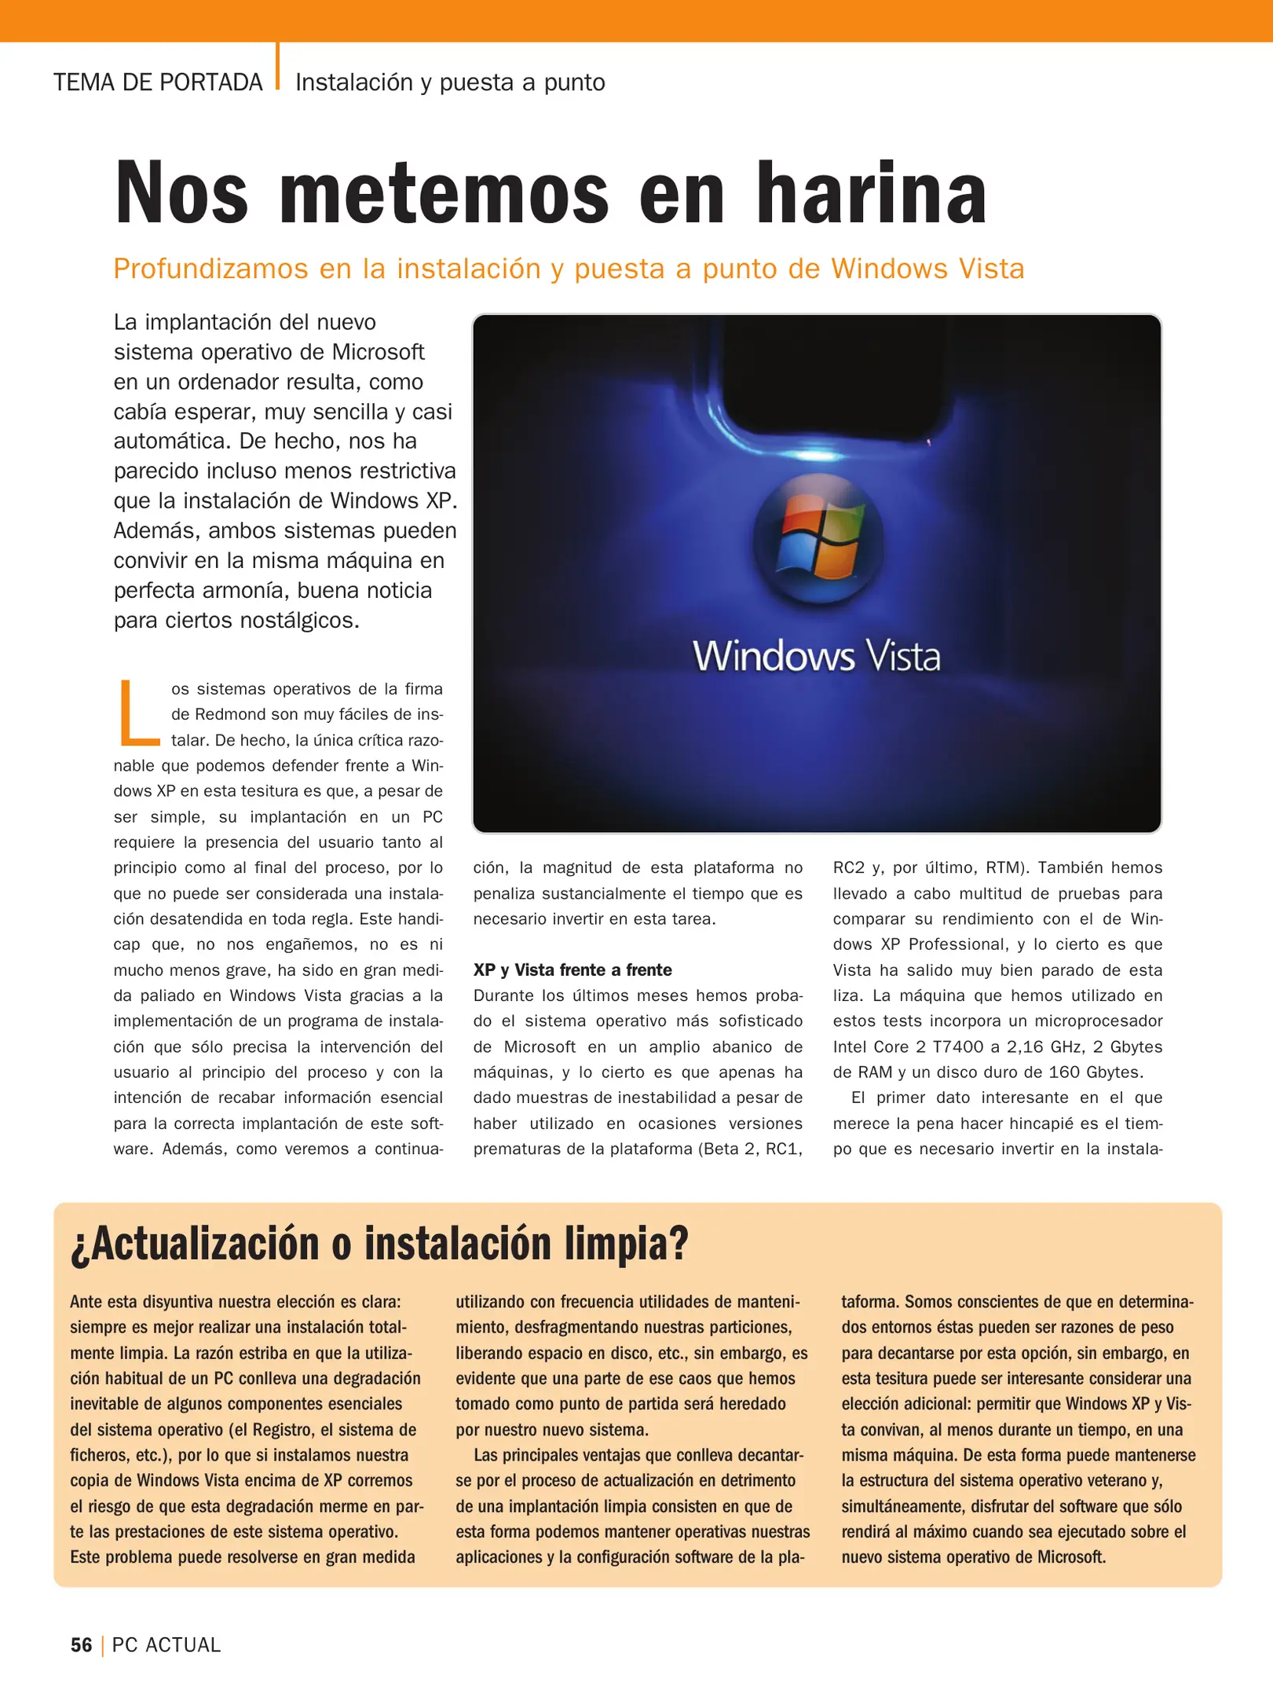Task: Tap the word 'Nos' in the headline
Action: click(x=181, y=192)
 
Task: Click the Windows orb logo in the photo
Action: click(x=818, y=537)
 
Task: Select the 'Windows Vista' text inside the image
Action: click(x=816, y=655)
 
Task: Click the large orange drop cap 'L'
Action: click(x=139, y=713)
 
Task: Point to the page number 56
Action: click(x=81, y=1644)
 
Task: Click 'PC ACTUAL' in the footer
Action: click(x=166, y=1644)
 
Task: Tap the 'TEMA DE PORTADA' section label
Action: click(x=158, y=82)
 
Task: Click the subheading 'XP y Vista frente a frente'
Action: click(x=572, y=969)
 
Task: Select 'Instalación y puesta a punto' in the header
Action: click(x=450, y=82)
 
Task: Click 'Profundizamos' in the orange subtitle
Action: click(x=210, y=269)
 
